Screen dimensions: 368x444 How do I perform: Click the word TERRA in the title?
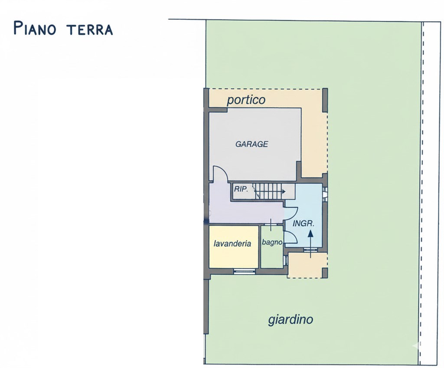(90, 29)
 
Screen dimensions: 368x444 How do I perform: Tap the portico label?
(246, 100)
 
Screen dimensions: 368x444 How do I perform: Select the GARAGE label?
(251, 144)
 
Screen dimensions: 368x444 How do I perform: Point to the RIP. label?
(241, 189)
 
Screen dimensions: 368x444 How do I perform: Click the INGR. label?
(304, 224)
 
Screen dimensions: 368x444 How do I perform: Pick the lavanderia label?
(232, 243)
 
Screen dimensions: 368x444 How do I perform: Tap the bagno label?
(272, 242)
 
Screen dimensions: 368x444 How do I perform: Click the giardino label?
(291, 320)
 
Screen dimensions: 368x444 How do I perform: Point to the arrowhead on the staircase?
(283, 191)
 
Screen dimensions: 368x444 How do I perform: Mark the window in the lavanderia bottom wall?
(244, 271)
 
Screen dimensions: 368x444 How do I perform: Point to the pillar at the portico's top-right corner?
(325, 100)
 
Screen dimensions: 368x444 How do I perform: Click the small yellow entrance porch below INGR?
(307, 266)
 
